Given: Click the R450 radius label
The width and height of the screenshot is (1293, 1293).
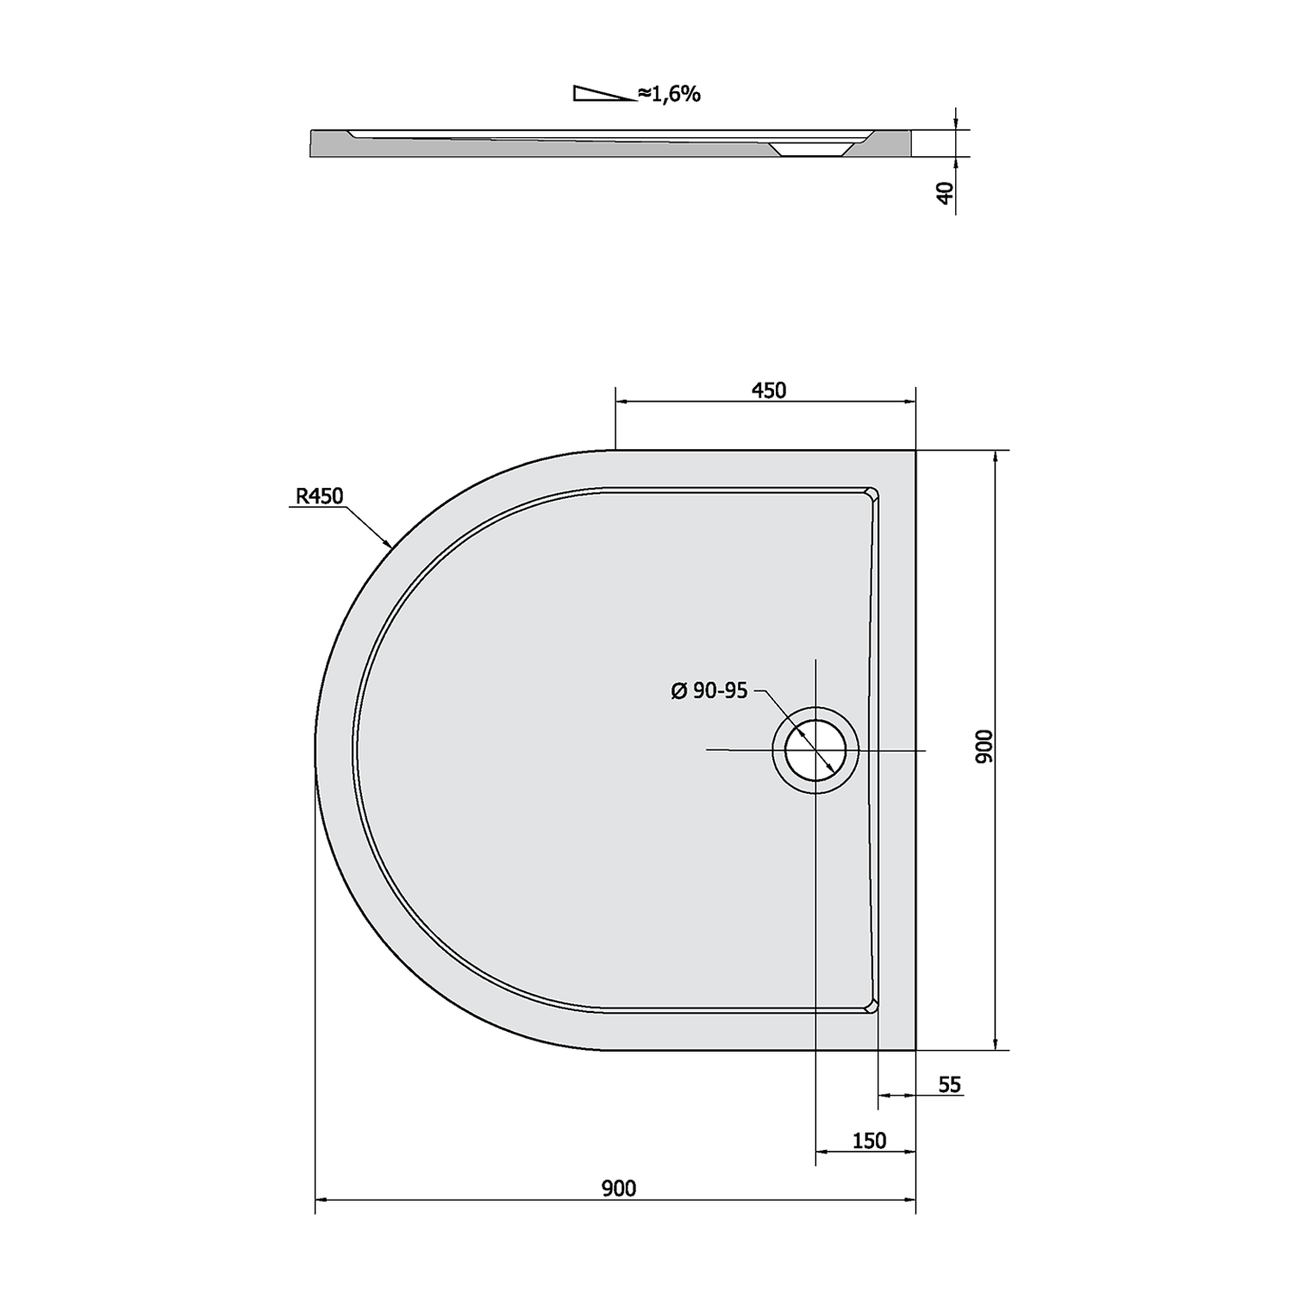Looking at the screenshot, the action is pos(319,496).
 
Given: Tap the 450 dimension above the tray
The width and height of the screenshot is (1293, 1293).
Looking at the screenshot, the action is pos(769,390).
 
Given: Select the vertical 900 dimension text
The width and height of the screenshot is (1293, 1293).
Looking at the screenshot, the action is pos(985,746).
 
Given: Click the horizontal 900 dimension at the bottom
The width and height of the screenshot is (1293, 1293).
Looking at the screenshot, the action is pos(619,1189).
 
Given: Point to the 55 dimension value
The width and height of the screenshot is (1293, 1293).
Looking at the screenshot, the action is pos(949,1084).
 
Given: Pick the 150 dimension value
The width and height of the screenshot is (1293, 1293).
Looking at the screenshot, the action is pos(869,1140).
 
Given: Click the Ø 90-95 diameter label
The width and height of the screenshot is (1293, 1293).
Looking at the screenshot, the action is pos(709,690).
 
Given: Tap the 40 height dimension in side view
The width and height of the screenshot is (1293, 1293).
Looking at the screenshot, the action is pos(946,192).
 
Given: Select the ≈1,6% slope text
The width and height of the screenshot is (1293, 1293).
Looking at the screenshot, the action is pos(669,94).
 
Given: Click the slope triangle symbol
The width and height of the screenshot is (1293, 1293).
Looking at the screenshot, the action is pos(603,94).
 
